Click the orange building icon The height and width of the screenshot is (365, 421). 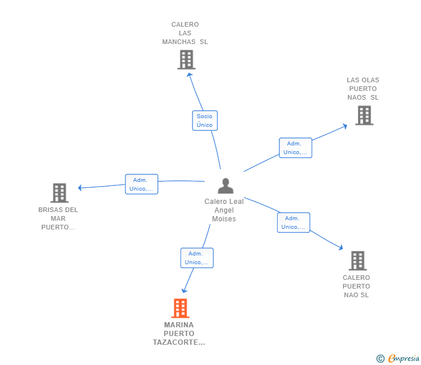click(180, 308)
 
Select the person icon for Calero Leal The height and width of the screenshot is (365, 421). click(226, 185)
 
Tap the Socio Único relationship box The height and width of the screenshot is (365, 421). click(205, 121)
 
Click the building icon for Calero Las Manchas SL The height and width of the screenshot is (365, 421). click(186, 60)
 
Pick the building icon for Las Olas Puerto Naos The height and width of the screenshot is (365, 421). click(364, 115)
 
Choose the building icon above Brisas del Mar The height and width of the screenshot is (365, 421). click(60, 193)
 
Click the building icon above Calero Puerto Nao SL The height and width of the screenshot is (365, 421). click(357, 261)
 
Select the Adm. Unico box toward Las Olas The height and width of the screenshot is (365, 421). click(296, 148)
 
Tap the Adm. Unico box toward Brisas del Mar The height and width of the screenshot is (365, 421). click(142, 184)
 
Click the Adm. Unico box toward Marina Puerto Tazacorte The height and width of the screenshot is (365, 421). click(197, 258)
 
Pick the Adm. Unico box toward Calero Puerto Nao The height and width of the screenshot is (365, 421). click(293, 222)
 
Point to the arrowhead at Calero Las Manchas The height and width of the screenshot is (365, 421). click(189, 75)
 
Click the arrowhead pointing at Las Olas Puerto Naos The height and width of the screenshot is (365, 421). click(345, 126)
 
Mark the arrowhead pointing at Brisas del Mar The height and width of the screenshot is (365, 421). click(80, 188)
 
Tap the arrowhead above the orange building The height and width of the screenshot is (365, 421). click(184, 291)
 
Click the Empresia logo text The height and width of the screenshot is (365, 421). click(404, 359)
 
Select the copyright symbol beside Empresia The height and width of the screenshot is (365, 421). click(380, 359)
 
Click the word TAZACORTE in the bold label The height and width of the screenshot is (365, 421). click(179, 342)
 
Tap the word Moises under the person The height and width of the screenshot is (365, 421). click(224, 219)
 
